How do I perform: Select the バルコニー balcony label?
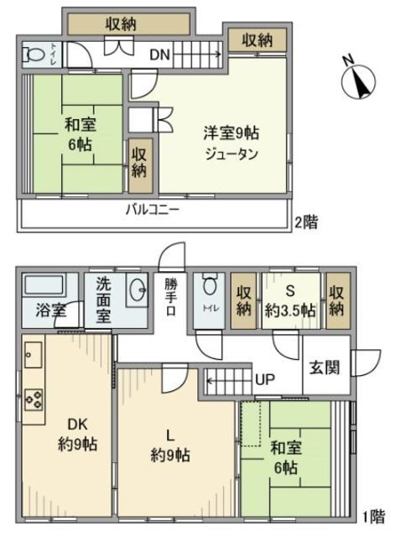(x=153, y=210)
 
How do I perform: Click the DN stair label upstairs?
(x=160, y=55)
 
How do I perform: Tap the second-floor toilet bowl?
(x=36, y=55)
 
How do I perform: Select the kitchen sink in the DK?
(x=34, y=357)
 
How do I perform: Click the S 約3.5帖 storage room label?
(x=290, y=300)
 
